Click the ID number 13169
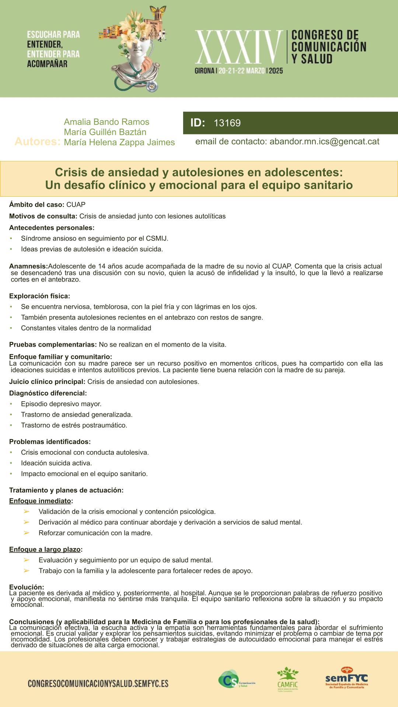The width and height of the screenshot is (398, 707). point(227,123)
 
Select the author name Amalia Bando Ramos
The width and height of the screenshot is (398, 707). point(107,122)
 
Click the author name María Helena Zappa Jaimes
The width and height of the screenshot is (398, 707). point(119,143)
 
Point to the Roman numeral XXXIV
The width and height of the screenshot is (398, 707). point(238,48)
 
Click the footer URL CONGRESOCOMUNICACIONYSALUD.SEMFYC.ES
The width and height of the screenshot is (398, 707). point(98,684)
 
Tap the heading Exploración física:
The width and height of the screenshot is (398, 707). point(39,296)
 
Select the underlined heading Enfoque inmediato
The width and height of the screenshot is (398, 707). point(40,501)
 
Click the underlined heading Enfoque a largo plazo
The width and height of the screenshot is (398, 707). point(45,549)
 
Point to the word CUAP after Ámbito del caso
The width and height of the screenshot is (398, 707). point(76,204)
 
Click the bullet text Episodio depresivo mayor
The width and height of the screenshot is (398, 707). point(61,404)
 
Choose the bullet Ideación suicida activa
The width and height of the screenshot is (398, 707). point(56,463)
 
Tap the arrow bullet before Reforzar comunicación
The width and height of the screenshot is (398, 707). point(27,533)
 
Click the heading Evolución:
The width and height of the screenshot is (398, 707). point(27,587)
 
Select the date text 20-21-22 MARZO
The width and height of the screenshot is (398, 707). point(242,71)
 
